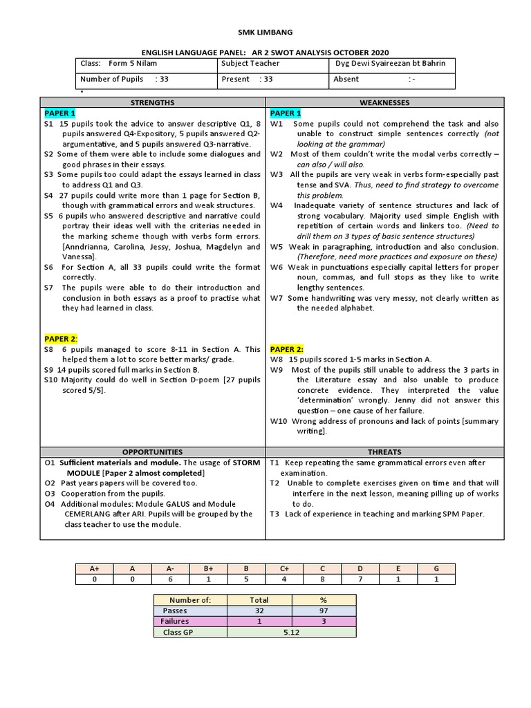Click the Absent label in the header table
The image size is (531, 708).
tap(346, 79)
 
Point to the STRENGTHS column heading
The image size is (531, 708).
tap(153, 102)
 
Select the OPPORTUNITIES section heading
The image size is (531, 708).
tap(153, 451)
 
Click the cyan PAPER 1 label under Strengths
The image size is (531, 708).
tap(60, 113)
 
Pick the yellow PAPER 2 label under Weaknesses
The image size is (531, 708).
tap(286, 349)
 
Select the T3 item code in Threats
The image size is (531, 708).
tap(274, 514)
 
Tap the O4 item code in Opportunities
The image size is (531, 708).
tap(49, 504)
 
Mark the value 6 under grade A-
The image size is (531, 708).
tap(170, 579)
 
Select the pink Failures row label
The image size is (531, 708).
tap(174, 622)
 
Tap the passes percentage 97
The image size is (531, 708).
tap(324, 611)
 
